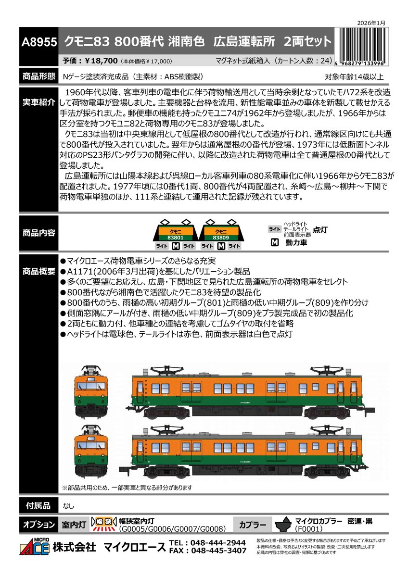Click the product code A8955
(38, 41)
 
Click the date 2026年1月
(372, 23)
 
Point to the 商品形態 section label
(38, 76)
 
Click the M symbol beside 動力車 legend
(274, 243)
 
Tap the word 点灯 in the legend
(320, 230)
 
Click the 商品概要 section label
(38, 271)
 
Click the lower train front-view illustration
(91, 450)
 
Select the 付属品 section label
(38, 505)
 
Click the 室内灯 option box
(74, 525)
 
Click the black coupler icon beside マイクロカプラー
(284, 525)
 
